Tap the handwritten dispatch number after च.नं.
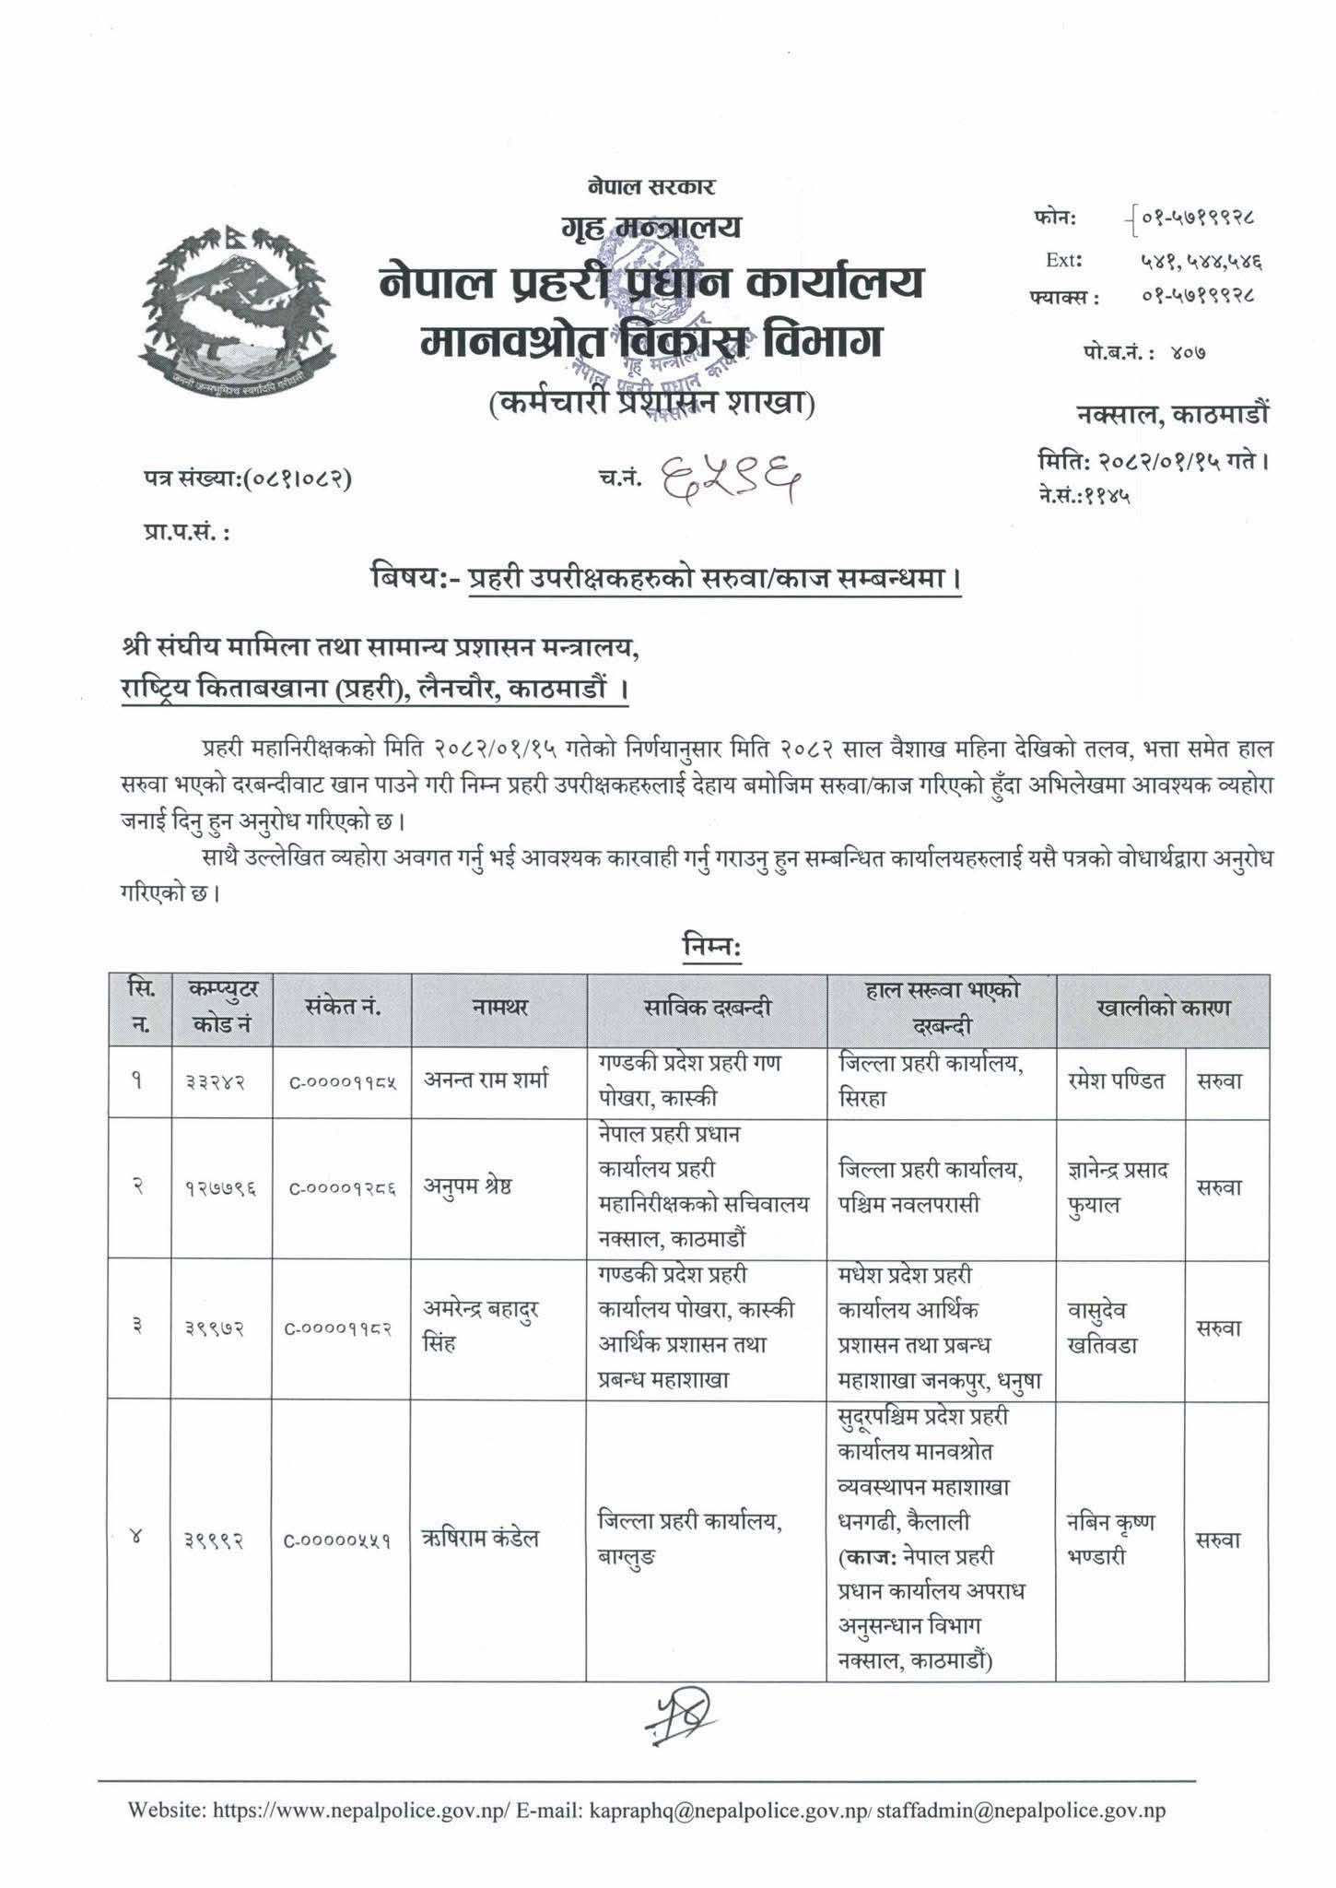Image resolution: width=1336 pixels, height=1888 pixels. pos(729,479)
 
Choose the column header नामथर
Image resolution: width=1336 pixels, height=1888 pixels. pos(503,1009)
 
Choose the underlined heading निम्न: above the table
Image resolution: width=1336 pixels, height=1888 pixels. pos(711,948)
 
